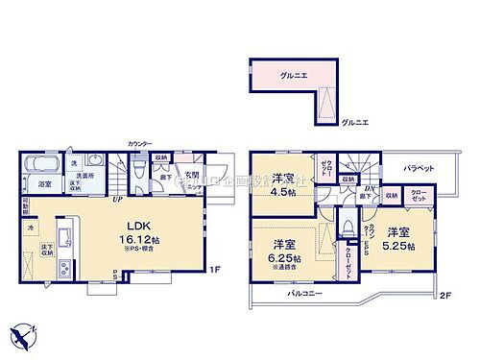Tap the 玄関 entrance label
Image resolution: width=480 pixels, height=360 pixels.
(191, 174)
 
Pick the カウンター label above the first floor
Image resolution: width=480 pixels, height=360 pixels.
(140, 144)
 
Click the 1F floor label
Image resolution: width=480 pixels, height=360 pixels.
(216, 271)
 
